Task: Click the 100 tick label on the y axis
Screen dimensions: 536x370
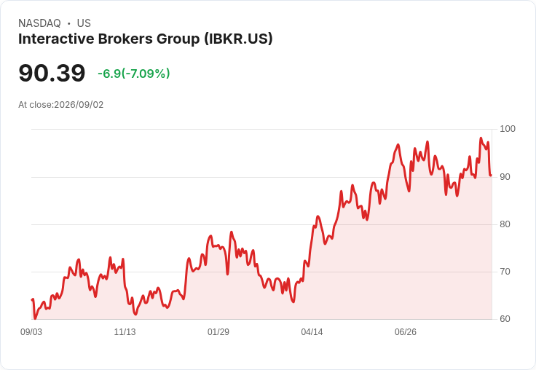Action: coord(508,129)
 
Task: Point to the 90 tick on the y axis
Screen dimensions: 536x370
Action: coord(505,177)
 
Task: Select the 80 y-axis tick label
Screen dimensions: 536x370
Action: coord(505,224)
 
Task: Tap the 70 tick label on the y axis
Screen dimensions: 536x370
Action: coord(505,272)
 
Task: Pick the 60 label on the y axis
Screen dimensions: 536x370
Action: coord(505,319)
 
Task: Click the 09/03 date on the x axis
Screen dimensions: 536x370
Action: coord(31,332)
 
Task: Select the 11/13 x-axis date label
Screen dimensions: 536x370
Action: coord(125,332)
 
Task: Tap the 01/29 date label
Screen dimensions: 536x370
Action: coord(218,332)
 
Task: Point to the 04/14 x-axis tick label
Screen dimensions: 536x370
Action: coord(312,332)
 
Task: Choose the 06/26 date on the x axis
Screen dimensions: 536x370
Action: coord(406,332)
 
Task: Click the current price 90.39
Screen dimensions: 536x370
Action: coord(52,73)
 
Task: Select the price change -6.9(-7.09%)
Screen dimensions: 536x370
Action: coord(134,74)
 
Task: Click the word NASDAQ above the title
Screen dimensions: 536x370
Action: coord(39,23)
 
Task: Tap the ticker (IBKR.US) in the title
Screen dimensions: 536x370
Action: coord(239,39)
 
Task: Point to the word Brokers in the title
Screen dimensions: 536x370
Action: coord(125,39)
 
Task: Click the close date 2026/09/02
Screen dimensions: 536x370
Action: coord(79,105)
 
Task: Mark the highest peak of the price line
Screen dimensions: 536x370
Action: coord(481,138)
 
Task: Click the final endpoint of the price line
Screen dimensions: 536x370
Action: coord(491,175)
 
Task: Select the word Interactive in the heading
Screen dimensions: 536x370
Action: coord(56,39)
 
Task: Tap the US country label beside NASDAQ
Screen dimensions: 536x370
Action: coord(84,23)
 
